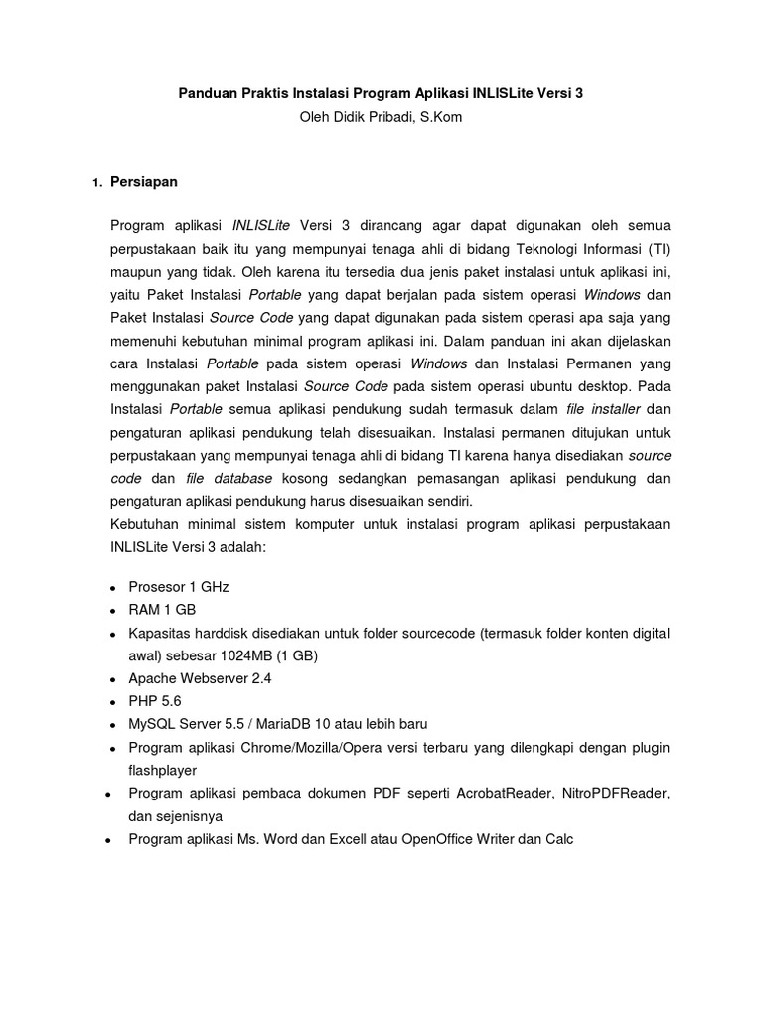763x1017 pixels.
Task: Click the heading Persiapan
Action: click(144, 183)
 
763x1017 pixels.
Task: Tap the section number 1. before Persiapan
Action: click(96, 184)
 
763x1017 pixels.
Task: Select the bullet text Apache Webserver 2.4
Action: click(200, 679)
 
